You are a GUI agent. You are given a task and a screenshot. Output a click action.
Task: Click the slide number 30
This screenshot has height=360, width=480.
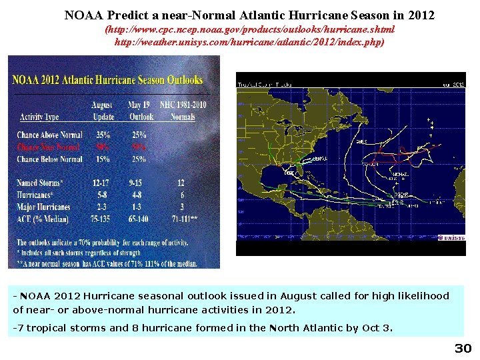[x=463, y=349]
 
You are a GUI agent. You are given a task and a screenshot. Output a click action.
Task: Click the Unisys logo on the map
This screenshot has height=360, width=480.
[x=451, y=238]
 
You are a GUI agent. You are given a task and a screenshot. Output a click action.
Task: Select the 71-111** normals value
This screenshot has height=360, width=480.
[x=181, y=219]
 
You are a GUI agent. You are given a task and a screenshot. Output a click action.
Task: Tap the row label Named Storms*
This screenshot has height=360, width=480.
[x=41, y=183]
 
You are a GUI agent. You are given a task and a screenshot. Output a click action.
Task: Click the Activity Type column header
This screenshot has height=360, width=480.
[x=39, y=117]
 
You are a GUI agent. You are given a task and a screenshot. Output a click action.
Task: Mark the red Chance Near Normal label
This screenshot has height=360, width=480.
[x=48, y=147]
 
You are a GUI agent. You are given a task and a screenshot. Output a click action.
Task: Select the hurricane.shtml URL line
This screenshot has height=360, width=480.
[x=250, y=30]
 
